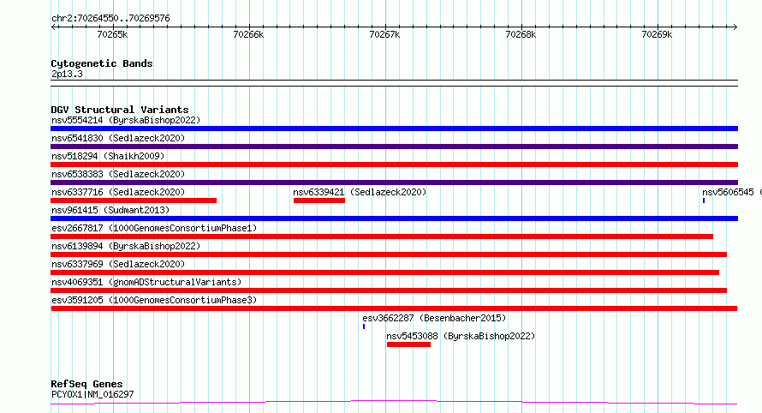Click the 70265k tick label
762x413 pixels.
[112, 34]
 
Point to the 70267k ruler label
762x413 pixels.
[384, 34]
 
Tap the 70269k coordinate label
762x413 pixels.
[657, 34]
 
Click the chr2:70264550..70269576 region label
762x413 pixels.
[110, 18]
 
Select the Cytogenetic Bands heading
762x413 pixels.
[101, 63]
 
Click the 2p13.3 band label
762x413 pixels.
[67, 74]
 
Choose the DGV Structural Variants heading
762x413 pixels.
[119, 110]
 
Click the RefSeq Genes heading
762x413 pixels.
[86, 384]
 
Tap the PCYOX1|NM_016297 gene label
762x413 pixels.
[92, 394]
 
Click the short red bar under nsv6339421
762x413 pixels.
[318, 201]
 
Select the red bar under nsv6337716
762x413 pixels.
[134, 201]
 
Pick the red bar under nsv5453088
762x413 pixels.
[408, 344]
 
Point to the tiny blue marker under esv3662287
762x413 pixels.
[364, 326]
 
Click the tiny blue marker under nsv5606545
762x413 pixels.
[704, 201]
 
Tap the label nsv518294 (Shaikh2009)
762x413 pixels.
[108, 156]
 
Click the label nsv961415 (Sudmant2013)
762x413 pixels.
[110, 210]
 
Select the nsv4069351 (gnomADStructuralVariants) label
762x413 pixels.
[146, 282]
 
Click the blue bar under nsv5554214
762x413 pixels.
[394, 129]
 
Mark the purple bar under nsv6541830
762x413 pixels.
[394, 147]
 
